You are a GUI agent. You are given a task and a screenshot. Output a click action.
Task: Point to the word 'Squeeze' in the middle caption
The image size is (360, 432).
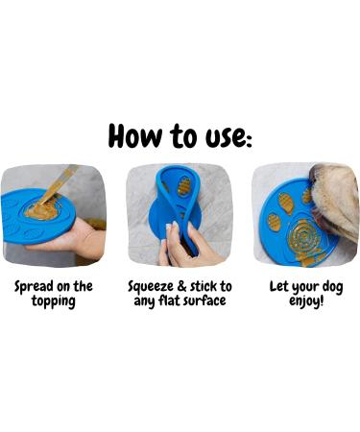155,286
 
